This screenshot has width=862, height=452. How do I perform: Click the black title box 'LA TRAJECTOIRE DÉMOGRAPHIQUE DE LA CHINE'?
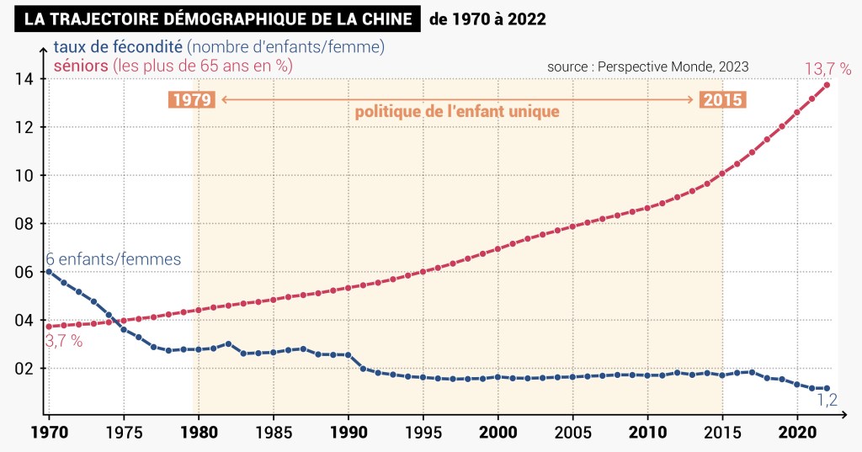click(x=216, y=19)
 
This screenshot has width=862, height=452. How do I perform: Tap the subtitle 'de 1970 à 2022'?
click(x=487, y=19)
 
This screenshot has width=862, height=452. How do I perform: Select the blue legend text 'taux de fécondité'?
click(x=117, y=47)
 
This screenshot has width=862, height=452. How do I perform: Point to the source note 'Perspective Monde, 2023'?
click(x=673, y=66)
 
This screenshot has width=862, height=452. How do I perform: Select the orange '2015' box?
click(x=722, y=100)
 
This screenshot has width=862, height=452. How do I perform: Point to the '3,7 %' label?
click(x=64, y=341)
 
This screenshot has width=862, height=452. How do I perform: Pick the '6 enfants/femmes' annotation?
click(x=113, y=259)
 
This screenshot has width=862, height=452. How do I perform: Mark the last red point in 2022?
click(x=827, y=85)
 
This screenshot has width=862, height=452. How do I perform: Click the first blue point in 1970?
click(x=49, y=271)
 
